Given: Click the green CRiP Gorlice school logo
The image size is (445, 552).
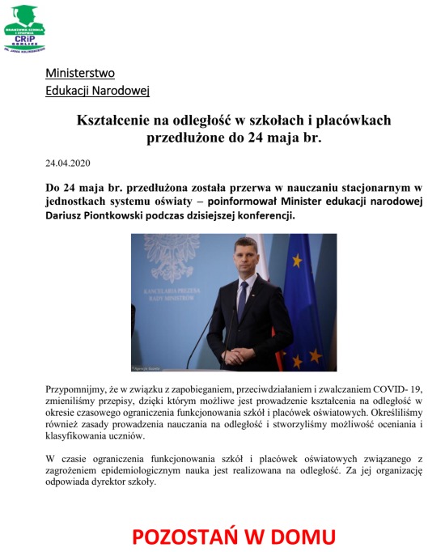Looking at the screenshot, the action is coord(24,28).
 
